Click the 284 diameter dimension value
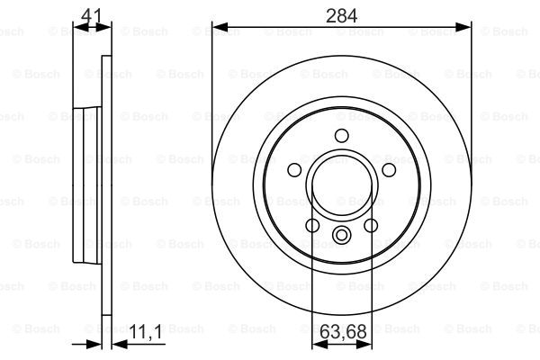tap(341, 16)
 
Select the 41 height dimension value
tap(92, 16)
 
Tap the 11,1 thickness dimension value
tap(146, 332)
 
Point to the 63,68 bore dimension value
tap(343, 332)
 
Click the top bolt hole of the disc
tap(342, 135)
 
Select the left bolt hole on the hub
tap(294, 170)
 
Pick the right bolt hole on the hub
tap(389, 170)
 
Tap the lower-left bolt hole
tap(312, 226)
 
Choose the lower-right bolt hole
tap(371, 226)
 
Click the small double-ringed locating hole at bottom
tap(342, 235)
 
